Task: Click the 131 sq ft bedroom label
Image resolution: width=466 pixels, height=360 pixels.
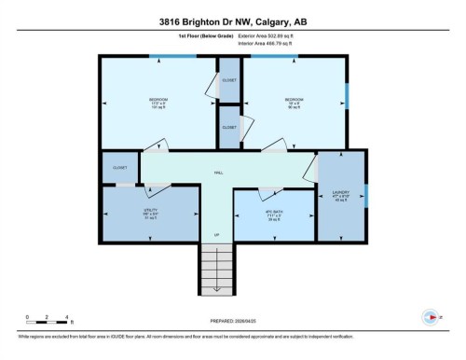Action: point(158,102)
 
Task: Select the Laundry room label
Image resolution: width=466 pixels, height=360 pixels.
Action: point(340,198)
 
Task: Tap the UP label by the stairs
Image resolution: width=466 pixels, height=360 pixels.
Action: point(217,234)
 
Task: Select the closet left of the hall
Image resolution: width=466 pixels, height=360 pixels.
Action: point(119,168)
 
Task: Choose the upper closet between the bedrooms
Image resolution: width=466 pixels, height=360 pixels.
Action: point(229,80)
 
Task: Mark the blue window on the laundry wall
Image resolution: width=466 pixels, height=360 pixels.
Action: point(366,196)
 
